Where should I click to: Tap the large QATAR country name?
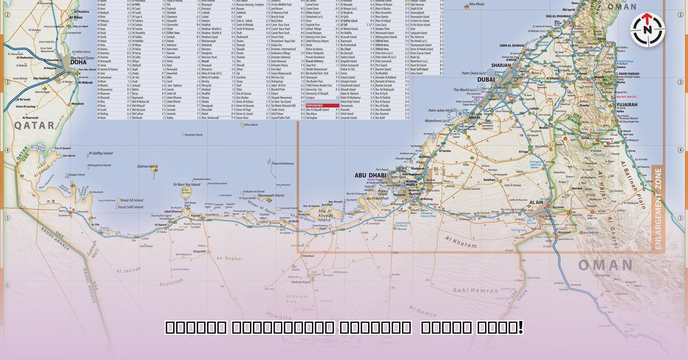pyautogui.click(x=34, y=124)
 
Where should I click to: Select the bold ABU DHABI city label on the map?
pyautogui.click(x=369, y=175)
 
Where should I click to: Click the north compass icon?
pyautogui.click(x=647, y=30)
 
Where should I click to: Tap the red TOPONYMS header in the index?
pyautogui.click(x=315, y=105)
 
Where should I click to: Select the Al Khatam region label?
pyautogui.click(x=458, y=245)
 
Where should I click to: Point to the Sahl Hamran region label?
pyautogui.click(x=475, y=291)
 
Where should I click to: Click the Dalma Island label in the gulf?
pyautogui.click(x=147, y=167)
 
